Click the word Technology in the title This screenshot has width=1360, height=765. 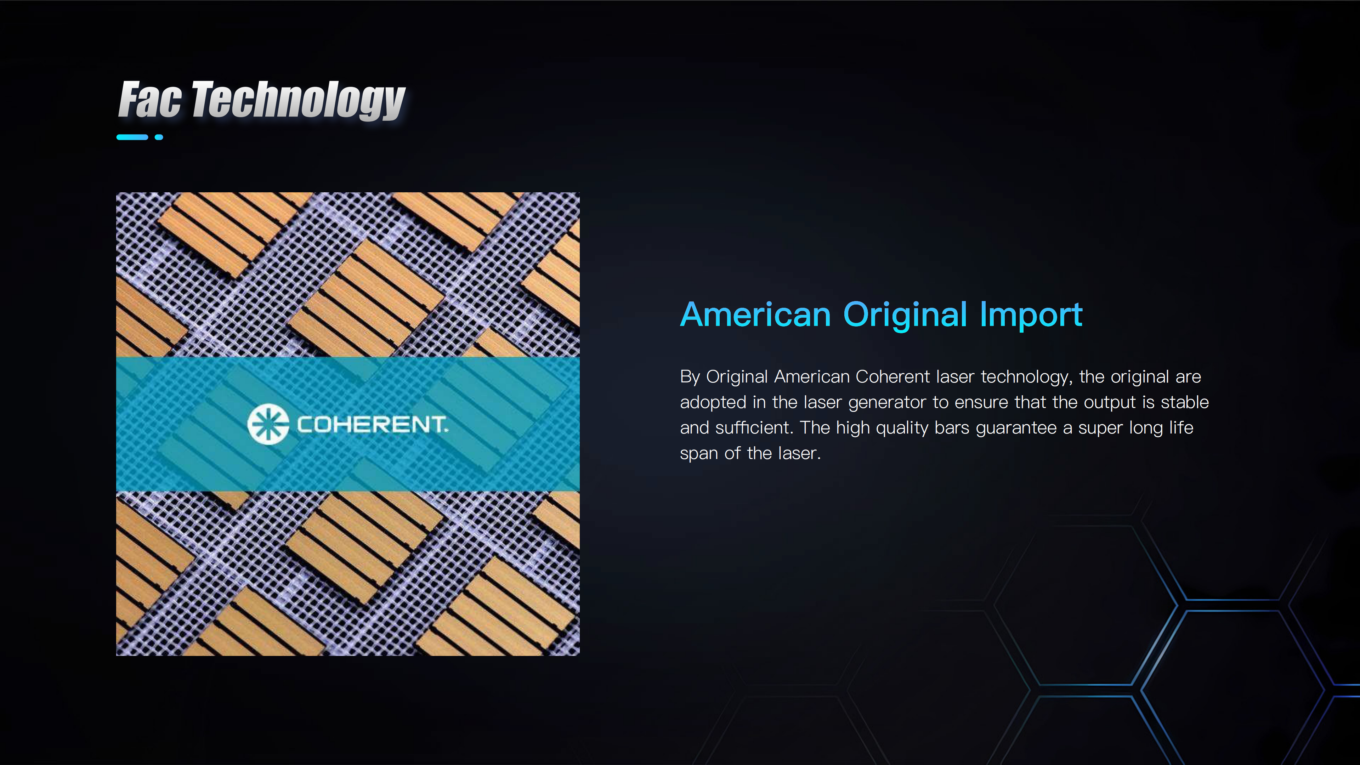[x=298, y=100]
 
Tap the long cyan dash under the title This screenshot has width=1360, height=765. [x=132, y=137]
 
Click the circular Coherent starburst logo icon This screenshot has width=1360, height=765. [x=268, y=425]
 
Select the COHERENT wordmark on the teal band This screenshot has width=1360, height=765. [x=373, y=425]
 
